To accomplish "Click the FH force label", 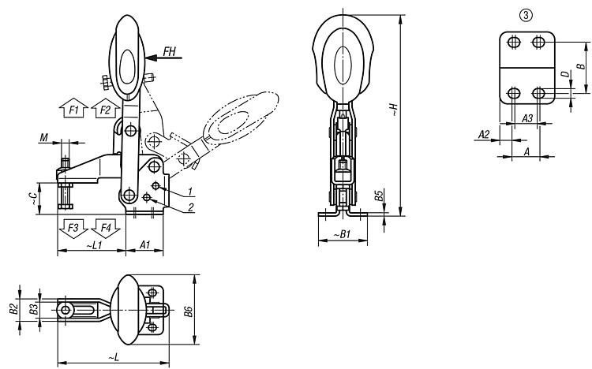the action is (x=170, y=51).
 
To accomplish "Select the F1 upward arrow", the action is (x=73, y=108).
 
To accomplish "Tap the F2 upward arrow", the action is (x=106, y=108).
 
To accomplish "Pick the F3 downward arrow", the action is (x=73, y=229).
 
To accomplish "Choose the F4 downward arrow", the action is (x=106, y=229).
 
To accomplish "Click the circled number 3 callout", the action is (x=526, y=15).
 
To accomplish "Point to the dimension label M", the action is (x=43, y=138).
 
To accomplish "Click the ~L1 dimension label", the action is (x=95, y=245).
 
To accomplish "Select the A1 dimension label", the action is (x=145, y=245).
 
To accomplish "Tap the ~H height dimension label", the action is (x=393, y=109).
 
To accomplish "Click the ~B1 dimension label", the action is (x=342, y=234).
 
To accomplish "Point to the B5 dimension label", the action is (x=379, y=196).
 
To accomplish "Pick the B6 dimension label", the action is (x=188, y=311).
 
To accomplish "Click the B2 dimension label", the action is (x=14, y=309).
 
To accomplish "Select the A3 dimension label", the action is (x=527, y=118).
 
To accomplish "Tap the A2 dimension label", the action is (x=484, y=134).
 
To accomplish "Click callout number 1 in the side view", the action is (x=191, y=192).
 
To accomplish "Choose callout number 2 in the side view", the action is (x=191, y=207).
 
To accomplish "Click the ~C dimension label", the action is (x=34, y=199).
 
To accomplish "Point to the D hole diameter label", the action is (x=565, y=74).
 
